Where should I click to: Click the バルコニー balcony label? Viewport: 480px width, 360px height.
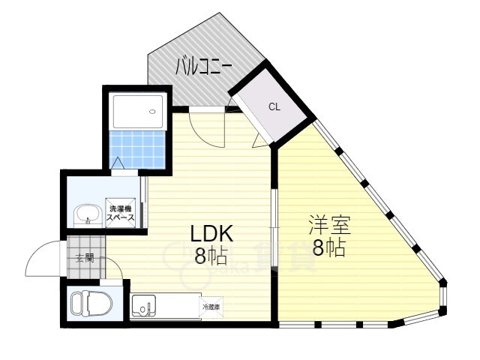pyautogui.click(x=203, y=67)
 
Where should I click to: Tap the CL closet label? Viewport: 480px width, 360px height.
pyautogui.click(x=274, y=106)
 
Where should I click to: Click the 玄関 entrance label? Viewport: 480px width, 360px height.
pyautogui.click(x=85, y=258)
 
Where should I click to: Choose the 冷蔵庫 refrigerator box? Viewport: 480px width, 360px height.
pyautogui.click(x=211, y=307)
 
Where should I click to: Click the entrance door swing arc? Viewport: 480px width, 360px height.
pyautogui.click(x=43, y=258)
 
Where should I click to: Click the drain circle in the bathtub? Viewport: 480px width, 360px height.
pyautogui.click(x=153, y=112)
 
